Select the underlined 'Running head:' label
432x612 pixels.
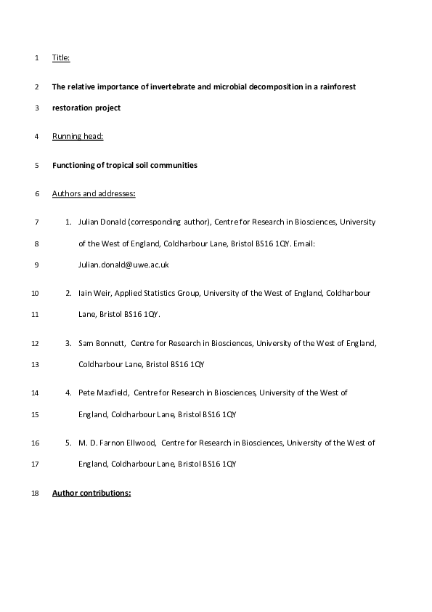(x=78, y=137)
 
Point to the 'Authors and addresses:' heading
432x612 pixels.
(x=94, y=194)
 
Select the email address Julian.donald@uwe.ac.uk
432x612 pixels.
(x=123, y=265)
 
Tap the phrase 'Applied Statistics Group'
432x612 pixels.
(x=157, y=293)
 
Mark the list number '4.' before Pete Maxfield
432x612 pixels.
(x=68, y=392)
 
